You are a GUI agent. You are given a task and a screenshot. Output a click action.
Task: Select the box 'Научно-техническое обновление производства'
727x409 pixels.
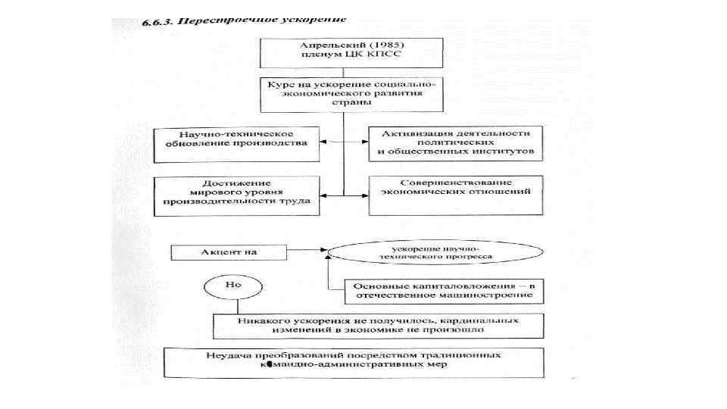pyautogui.click(x=237, y=144)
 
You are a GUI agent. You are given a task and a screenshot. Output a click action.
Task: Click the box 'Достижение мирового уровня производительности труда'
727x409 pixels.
pyautogui.click(x=237, y=194)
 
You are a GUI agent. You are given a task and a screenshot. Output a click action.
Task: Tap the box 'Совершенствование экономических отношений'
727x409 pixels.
pyautogui.click(x=457, y=192)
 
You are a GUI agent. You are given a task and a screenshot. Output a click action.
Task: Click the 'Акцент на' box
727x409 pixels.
pyautogui.click(x=220, y=251)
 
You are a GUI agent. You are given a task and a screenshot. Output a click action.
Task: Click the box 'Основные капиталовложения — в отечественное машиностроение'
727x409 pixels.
pyautogui.click(x=445, y=290)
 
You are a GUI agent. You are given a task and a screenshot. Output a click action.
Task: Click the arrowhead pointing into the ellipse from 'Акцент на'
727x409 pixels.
pyautogui.click(x=323, y=249)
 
